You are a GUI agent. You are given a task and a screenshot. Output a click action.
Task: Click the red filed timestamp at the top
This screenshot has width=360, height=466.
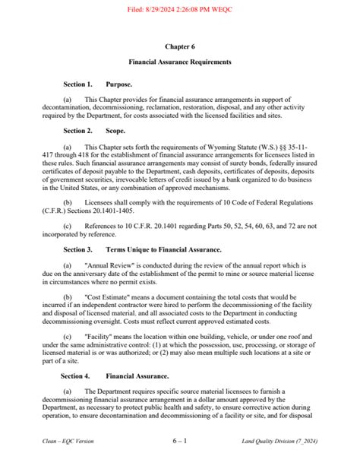[179, 6]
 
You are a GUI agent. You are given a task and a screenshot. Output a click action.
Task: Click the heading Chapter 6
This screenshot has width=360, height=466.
[180, 46]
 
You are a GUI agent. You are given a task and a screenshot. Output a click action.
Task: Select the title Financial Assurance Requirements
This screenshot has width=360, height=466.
[180, 62]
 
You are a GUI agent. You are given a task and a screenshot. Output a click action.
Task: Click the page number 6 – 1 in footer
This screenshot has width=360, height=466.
[180, 440]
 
